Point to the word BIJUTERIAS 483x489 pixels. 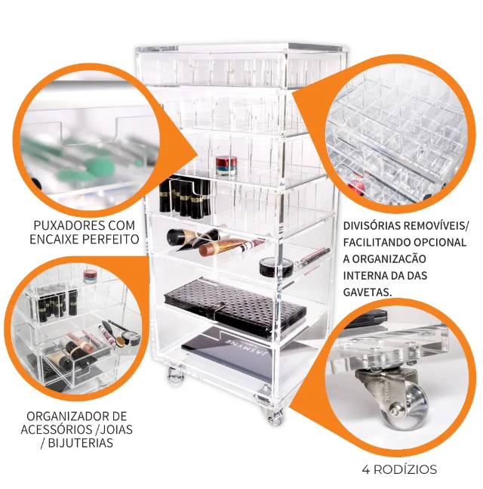[80, 443]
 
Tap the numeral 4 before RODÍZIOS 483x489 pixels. [365, 469]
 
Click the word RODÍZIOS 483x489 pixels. [405, 469]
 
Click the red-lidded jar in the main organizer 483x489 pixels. [226, 167]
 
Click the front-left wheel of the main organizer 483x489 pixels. [175, 376]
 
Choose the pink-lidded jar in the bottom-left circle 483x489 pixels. [91, 277]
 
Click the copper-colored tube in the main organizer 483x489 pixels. [224, 246]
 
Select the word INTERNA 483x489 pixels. [363, 276]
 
